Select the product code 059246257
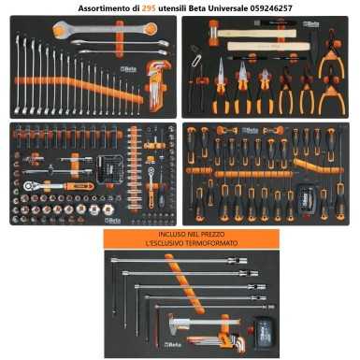271,8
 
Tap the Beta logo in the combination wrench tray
128,69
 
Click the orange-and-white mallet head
213,34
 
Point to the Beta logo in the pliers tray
311,24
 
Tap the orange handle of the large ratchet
79,186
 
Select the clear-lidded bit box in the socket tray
109,169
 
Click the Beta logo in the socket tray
113,221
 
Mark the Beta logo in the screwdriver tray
251,130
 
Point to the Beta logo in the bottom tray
172,344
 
